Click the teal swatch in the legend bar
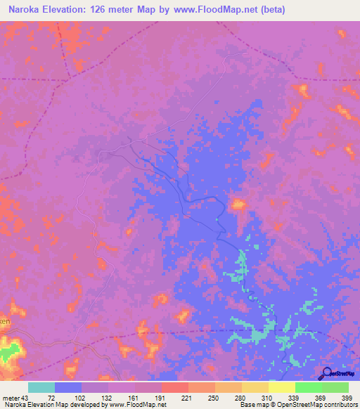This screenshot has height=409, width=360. (41, 387)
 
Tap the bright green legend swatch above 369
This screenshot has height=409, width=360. (309, 387)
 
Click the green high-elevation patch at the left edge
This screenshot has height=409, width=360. (8, 349)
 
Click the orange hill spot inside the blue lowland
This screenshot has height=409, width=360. (239, 204)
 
